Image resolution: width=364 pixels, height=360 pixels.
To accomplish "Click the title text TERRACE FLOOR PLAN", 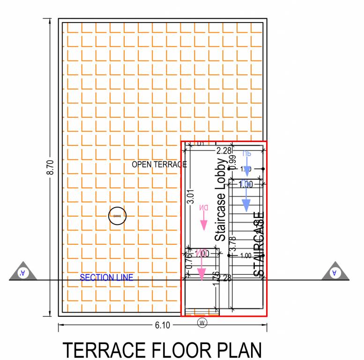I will [x=162, y=350].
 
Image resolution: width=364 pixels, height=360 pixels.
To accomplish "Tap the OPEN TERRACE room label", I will [x=159, y=165].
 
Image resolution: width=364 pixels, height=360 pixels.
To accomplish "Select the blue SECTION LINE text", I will [x=106, y=277].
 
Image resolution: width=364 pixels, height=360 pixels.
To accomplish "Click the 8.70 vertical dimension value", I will [x=50, y=167].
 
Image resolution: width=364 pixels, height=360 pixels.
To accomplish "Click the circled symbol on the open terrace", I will [x=117, y=216].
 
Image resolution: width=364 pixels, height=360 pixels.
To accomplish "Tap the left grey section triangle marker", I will [x=22, y=272].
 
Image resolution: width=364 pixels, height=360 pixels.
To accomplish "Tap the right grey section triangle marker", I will [x=335, y=272].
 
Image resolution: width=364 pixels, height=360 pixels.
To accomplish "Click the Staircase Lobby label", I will [x=220, y=200].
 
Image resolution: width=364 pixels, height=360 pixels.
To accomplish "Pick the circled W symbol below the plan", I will [x=202, y=322].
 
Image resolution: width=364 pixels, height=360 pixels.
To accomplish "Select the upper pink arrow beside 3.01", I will [x=204, y=223].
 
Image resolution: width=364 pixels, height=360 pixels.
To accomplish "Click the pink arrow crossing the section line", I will [x=201, y=274].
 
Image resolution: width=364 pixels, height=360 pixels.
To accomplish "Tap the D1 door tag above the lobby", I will [x=201, y=144].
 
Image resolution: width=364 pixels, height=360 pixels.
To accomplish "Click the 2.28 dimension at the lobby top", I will [x=224, y=150].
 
